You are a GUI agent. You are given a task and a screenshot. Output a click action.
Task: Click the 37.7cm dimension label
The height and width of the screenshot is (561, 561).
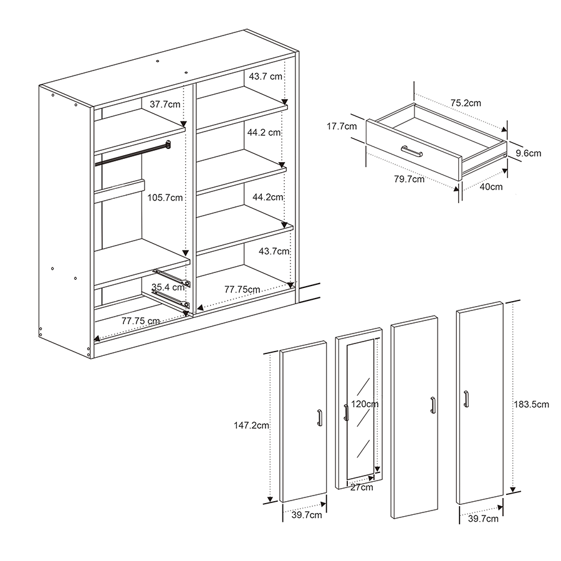(165, 105)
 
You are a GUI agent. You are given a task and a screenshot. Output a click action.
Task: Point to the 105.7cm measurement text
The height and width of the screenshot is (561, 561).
(165, 198)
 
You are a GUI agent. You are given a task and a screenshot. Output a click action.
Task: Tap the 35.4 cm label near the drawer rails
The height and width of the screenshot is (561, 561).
(168, 287)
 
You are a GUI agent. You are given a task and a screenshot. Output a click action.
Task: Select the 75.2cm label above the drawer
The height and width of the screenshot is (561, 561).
(466, 103)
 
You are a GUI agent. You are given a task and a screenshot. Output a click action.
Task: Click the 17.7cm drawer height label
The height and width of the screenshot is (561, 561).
(342, 127)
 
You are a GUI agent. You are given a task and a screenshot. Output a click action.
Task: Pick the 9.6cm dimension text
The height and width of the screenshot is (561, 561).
(529, 153)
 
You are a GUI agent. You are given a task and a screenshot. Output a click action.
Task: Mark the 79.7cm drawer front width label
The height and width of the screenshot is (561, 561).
(410, 179)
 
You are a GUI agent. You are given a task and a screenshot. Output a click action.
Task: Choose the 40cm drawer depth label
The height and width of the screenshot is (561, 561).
(491, 187)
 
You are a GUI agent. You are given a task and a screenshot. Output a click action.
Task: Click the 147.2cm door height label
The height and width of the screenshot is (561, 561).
(252, 425)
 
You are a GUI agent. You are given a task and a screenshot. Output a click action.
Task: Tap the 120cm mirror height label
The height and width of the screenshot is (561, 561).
(365, 404)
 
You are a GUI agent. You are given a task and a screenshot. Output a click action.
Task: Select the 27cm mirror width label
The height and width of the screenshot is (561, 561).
(362, 487)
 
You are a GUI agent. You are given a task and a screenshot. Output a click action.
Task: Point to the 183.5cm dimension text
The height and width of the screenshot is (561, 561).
(531, 405)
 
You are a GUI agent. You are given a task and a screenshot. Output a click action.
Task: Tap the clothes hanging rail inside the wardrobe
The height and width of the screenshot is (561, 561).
(133, 153)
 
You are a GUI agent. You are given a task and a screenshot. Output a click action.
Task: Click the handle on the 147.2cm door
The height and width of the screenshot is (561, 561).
(320, 418)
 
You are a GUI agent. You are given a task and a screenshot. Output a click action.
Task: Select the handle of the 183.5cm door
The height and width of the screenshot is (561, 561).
(466, 399)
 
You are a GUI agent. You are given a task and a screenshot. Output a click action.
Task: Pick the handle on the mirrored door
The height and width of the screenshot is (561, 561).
(346, 413)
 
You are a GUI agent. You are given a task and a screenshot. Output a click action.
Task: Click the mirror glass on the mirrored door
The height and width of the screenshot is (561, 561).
(360, 409)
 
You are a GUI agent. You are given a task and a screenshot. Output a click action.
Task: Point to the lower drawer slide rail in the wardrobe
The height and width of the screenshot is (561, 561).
(171, 299)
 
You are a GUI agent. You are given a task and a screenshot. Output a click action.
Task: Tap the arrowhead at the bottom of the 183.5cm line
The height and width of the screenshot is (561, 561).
(513, 489)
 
